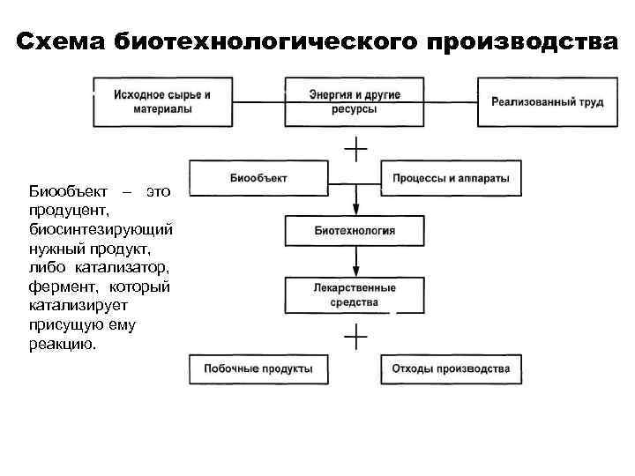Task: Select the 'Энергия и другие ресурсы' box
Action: coord(355,102)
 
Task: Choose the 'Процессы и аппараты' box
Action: coord(451,178)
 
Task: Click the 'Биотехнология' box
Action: coord(355,231)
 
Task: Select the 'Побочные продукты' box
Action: coord(258,368)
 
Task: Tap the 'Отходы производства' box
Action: coord(451,368)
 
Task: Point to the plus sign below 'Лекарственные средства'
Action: coord(355,337)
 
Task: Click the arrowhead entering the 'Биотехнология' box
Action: coord(355,212)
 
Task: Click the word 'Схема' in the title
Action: coord(61,41)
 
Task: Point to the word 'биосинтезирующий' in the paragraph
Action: coord(101,229)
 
